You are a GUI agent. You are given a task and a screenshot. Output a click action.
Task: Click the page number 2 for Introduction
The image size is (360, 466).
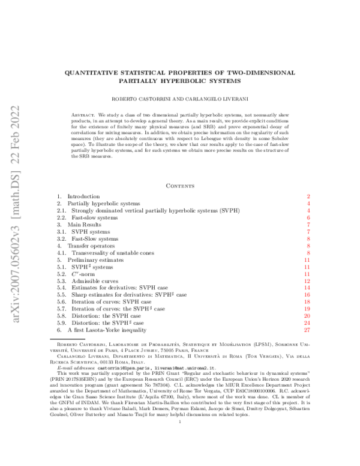(x=307, y=196)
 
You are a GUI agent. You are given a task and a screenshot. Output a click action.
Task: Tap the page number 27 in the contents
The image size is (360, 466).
(x=306, y=330)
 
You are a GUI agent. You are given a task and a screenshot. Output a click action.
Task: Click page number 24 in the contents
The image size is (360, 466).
(x=306, y=322)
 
